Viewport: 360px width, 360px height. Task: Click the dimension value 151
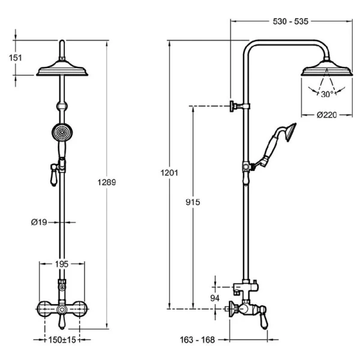click(16, 58)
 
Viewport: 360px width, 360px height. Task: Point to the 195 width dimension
click(62, 264)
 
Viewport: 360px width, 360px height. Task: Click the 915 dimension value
click(193, 202)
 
